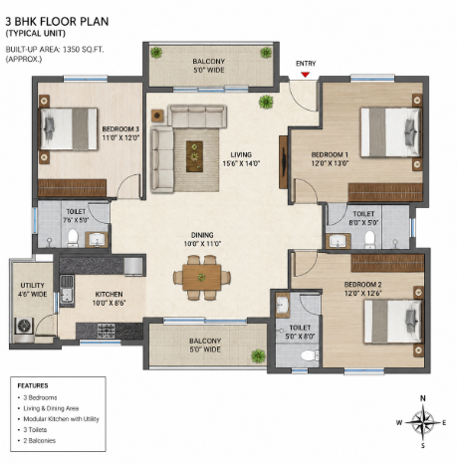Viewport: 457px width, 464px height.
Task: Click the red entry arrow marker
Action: pos(305,75)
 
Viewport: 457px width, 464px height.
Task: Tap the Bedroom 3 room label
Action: pos(120,133)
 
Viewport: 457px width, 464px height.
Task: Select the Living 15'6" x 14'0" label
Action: pos(241,159)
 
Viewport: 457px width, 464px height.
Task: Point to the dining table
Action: pos(202,277)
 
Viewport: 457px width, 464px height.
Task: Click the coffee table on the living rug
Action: pos(194,156)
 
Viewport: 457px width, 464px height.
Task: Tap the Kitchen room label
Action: pos(109,299)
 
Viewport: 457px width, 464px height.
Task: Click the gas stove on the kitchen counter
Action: pos(107,331)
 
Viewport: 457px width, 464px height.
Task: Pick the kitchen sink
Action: pos(67,290)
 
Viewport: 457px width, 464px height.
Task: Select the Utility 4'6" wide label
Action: pos(32,290)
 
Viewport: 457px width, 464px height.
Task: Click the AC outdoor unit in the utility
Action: pos(24,326)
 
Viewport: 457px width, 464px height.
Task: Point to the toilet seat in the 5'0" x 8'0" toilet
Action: pos(309,355)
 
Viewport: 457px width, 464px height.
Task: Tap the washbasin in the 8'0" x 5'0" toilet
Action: pos(339,241)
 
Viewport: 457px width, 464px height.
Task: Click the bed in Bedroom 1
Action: pos(390,131)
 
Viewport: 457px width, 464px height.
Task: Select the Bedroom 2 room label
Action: pos(362,289)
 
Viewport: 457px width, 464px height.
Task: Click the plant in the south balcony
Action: pos(259,356)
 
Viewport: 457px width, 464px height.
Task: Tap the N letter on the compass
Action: pos(423,398)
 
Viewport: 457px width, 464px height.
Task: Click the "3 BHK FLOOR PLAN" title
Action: pos(57,22)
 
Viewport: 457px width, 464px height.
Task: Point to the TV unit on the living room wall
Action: pos(283,162)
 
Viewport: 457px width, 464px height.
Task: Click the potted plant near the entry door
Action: pos(266,102)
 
